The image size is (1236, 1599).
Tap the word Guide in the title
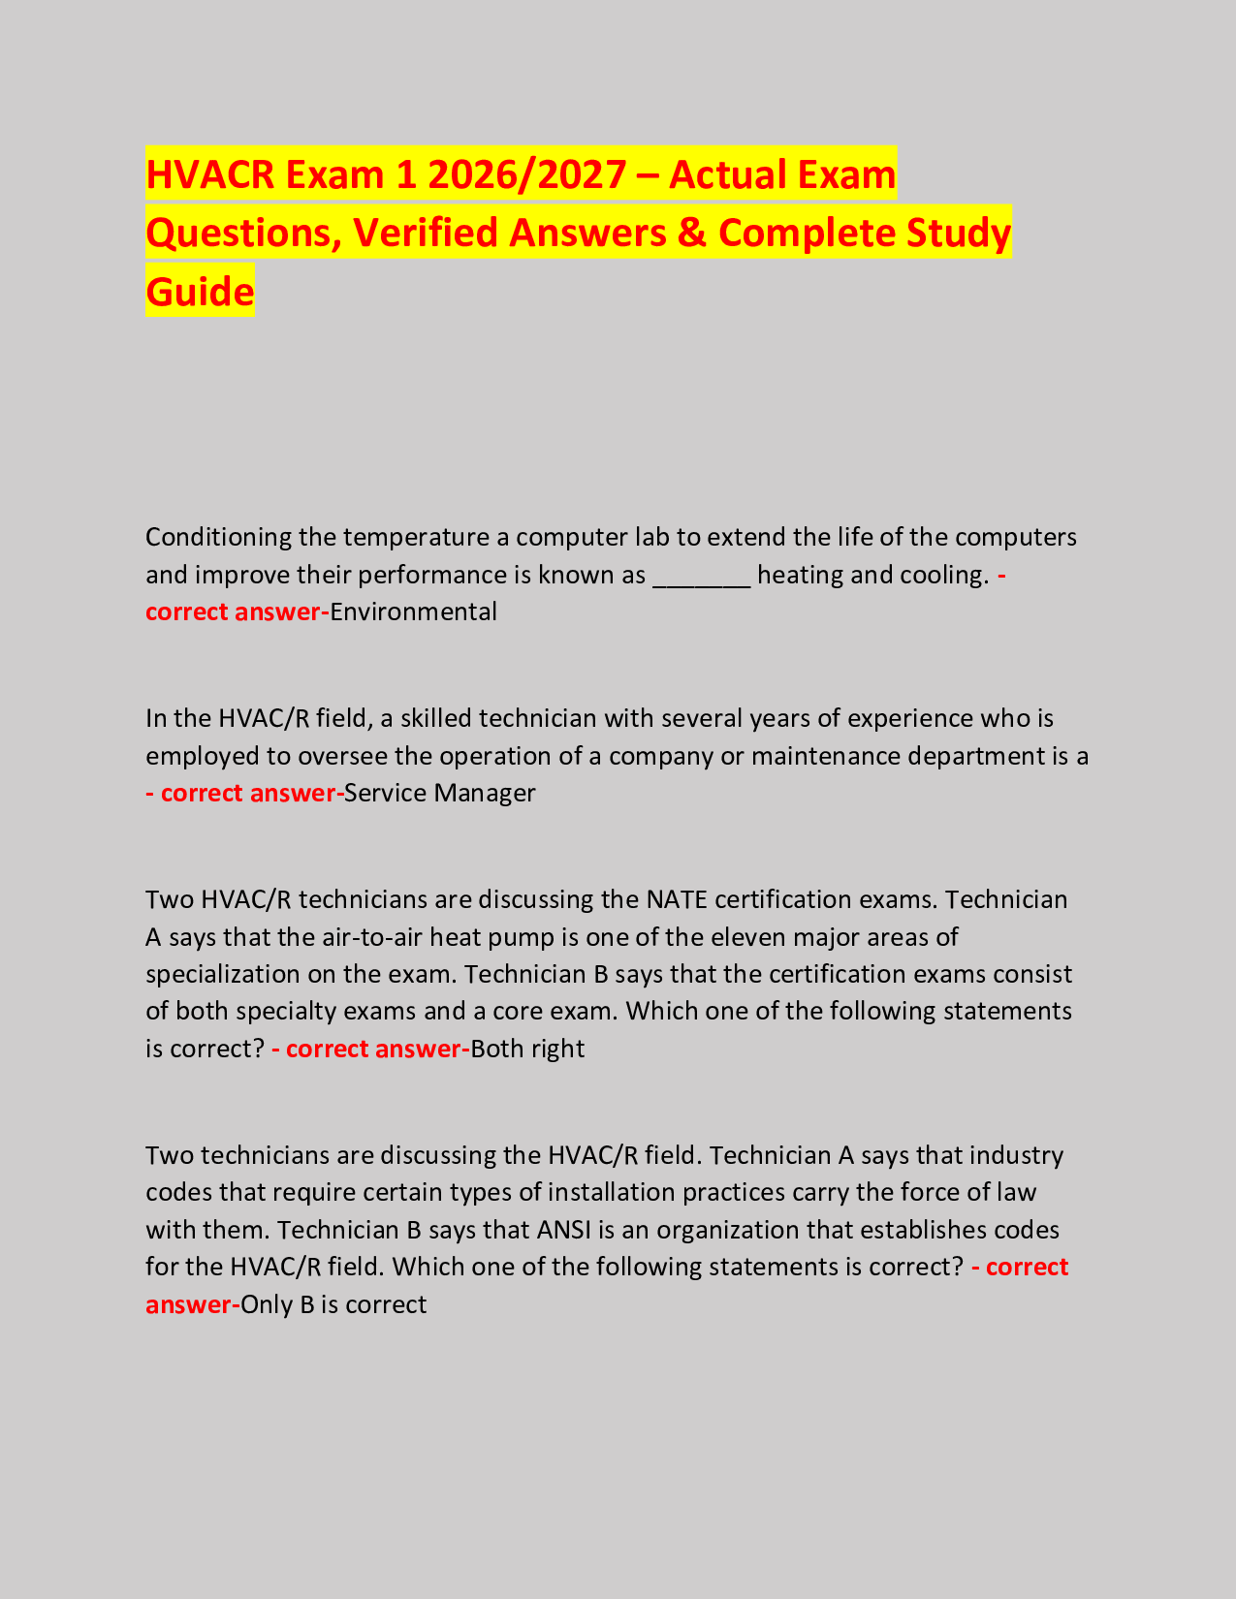[200, 292]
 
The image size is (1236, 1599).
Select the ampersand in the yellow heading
[692, 234]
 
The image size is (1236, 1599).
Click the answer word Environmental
[414, 612]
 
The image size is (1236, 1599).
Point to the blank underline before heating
[702, 576]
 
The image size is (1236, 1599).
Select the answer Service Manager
[440, 794]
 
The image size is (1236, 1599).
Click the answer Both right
[527, 1050]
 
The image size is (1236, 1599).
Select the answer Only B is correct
[333, 1305]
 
